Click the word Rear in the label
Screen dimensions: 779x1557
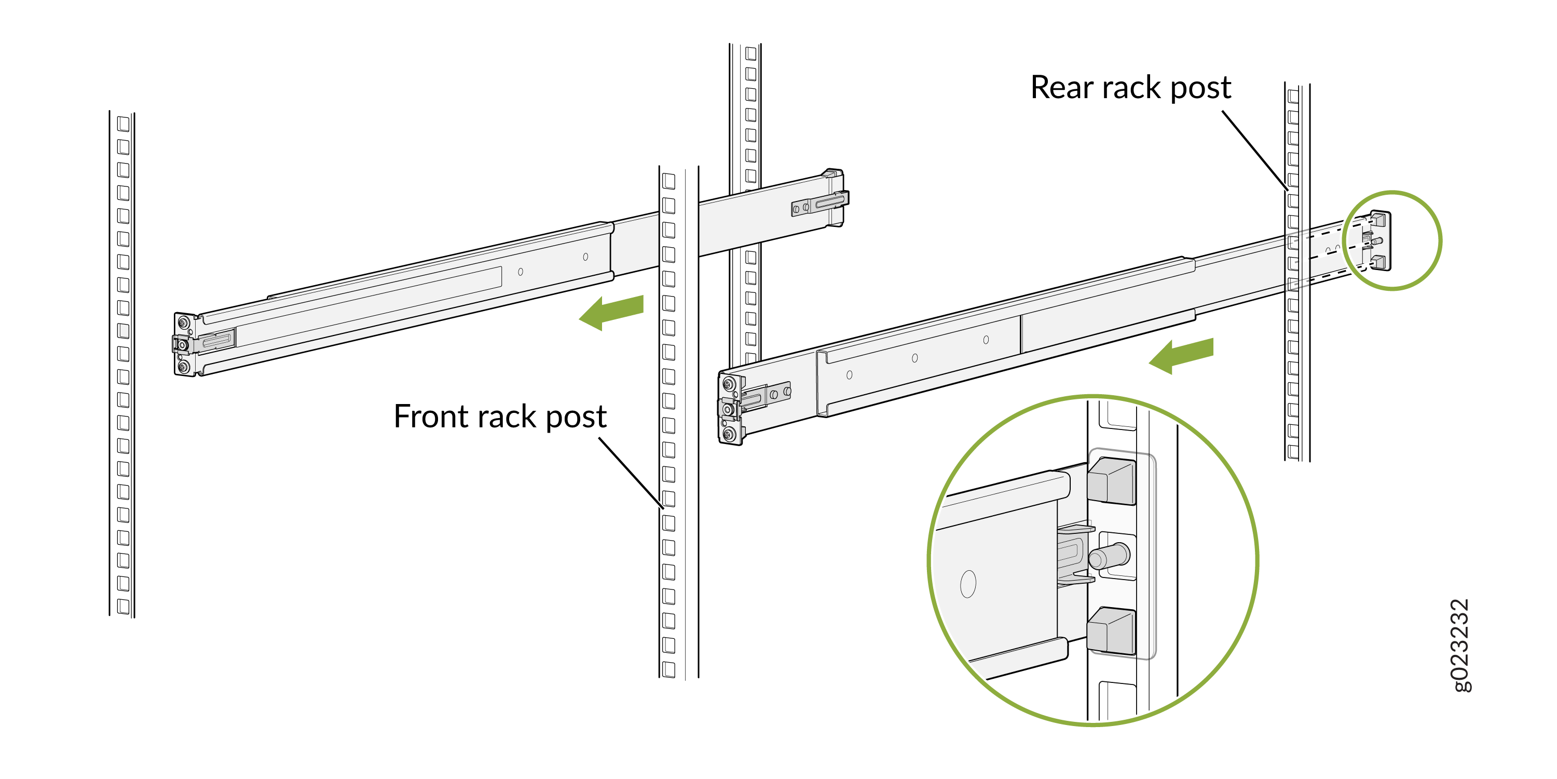point(1062,88)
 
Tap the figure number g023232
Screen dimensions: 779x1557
point(1460,646)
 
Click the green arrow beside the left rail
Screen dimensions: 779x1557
point(612,312)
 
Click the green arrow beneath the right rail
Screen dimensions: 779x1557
point(1181,356)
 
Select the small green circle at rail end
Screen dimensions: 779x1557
point(1392,241)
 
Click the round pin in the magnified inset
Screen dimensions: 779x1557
point(1109,555)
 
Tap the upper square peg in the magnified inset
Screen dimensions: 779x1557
point(1111,481)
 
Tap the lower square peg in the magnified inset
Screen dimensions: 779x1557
point(1111,631)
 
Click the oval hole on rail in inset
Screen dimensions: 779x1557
point(968,584)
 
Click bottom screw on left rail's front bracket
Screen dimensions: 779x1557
point(184,367)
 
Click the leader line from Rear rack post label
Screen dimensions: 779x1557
point(1255,150)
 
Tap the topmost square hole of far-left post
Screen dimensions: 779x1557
point(124,124)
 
